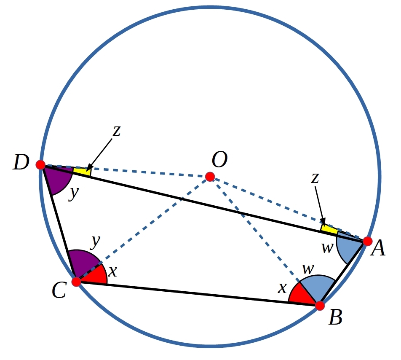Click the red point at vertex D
point(40,164)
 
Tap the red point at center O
point(210,177)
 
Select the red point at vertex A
point(367,241)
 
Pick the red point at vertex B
point(320,306)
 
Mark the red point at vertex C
point(76,282)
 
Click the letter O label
point(219,159)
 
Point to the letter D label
point(21,162)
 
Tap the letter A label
point(378,248)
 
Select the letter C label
point(59,291)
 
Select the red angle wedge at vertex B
point(302,294)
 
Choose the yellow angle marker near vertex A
point(329,228)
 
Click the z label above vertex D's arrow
point(117,131)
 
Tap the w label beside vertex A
point(328,248)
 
